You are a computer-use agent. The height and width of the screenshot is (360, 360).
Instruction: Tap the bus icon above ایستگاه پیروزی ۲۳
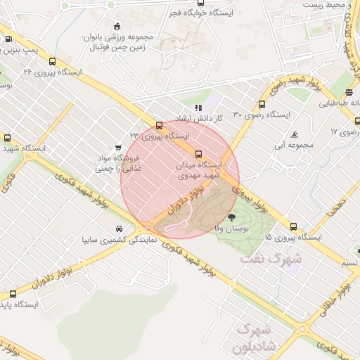click(159, 125)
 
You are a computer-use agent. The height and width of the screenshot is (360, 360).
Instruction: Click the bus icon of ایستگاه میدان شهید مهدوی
click(198, 154)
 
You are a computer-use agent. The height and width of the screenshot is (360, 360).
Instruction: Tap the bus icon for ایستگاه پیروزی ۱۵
click(293, 226)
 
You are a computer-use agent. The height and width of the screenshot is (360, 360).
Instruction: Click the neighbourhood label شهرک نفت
click(271, 259)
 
